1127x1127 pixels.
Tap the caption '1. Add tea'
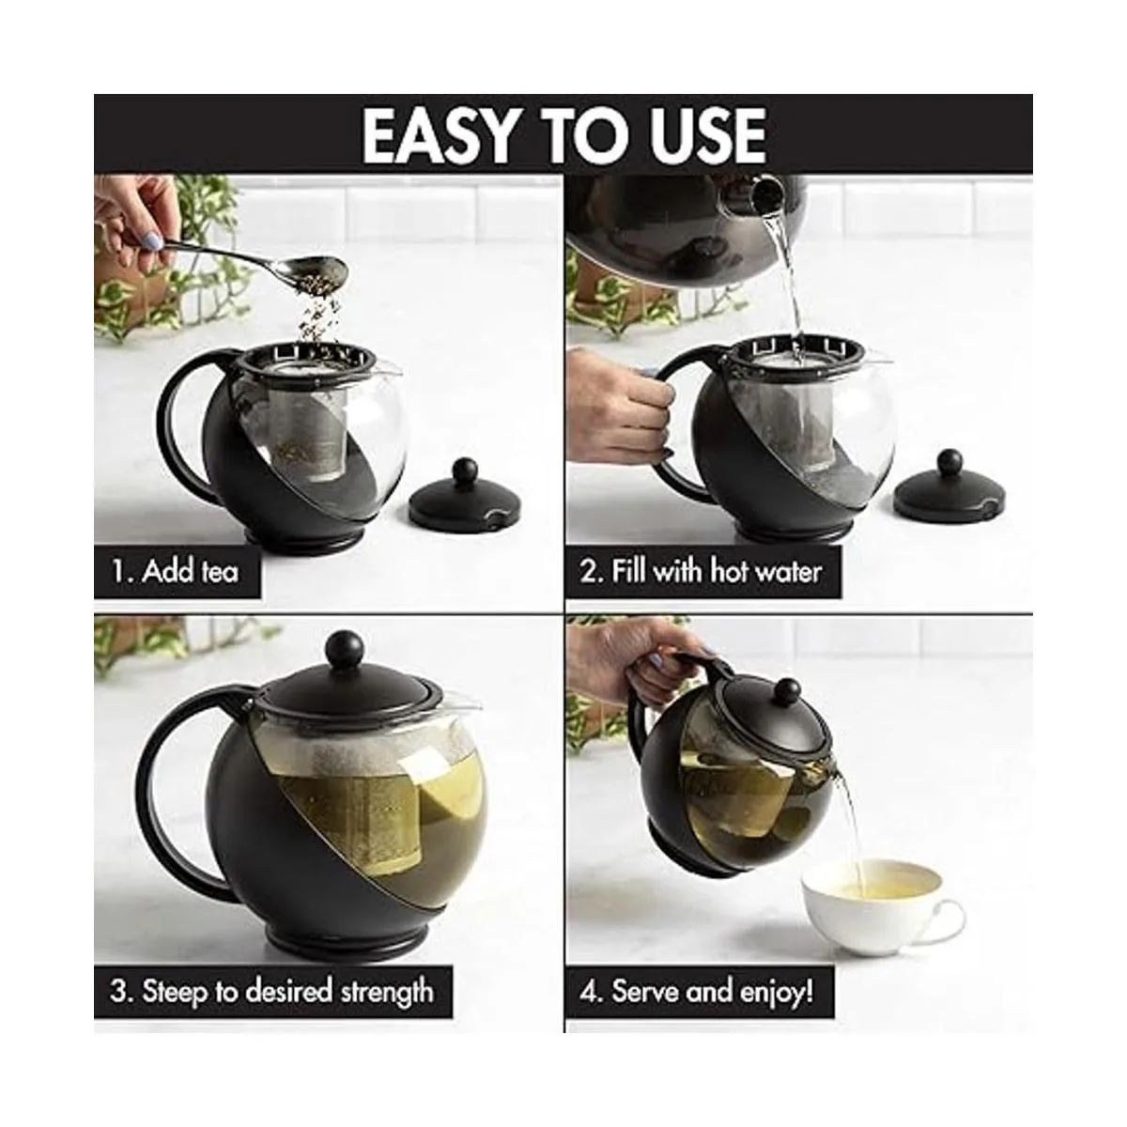pos(176,571)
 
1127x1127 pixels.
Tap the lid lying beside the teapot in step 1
pos(465,495)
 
